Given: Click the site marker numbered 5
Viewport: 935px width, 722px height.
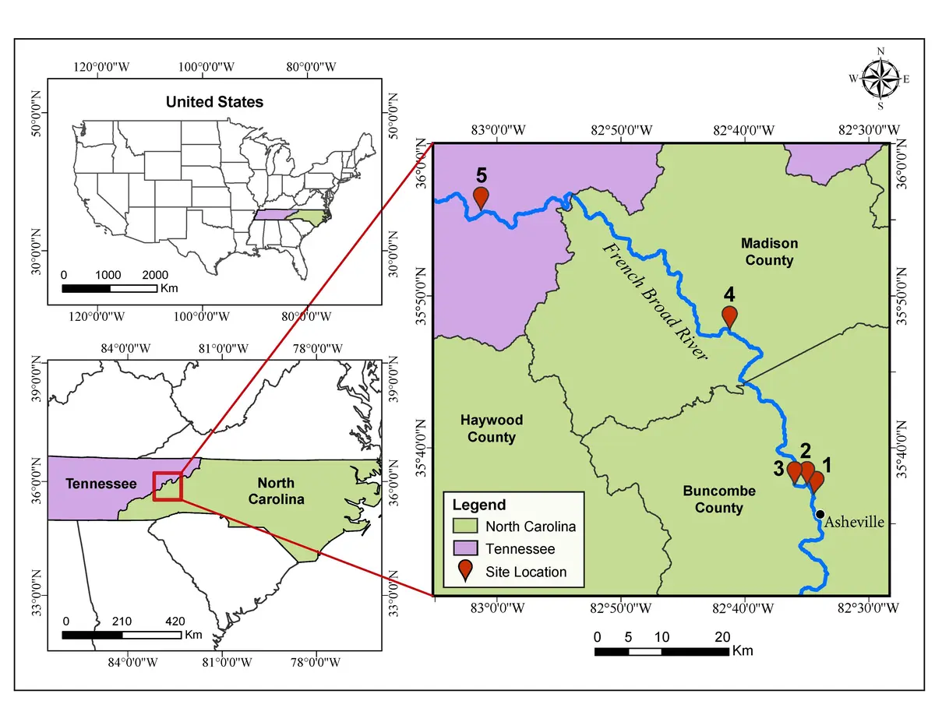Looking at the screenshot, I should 481,196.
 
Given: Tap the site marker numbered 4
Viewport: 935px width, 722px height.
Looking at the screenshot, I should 729,315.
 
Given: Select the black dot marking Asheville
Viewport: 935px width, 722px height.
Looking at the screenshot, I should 820,514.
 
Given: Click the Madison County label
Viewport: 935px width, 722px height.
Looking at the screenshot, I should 768,252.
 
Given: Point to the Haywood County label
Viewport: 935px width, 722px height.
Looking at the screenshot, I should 491,428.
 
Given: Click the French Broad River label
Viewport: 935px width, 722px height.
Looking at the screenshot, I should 654,299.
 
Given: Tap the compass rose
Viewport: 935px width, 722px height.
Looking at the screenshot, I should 880,79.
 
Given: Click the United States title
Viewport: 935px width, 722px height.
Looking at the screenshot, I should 214,102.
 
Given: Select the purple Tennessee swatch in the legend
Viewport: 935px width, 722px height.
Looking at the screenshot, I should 466,549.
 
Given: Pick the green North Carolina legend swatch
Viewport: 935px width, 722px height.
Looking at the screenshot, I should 466,527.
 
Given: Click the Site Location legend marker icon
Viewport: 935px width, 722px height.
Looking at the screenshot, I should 465,570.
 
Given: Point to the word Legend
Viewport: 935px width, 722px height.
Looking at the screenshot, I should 479,505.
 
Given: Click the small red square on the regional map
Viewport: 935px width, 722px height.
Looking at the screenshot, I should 168,486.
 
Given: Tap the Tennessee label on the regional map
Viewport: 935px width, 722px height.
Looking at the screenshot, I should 101,484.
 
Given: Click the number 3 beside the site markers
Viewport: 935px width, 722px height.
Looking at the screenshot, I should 778,468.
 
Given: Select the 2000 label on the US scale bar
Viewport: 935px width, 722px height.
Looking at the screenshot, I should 156,275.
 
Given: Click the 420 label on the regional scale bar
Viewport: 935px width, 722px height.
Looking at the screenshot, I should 175,621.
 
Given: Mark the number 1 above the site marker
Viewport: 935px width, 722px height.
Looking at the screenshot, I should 827,465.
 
